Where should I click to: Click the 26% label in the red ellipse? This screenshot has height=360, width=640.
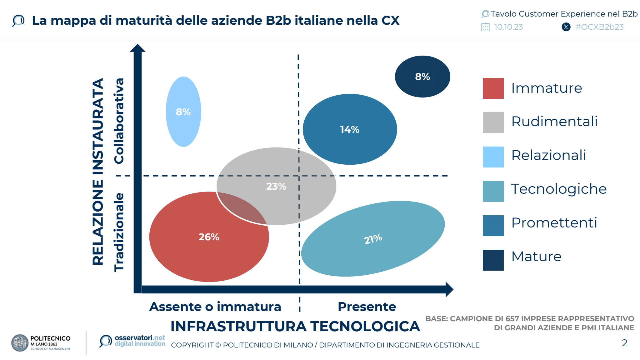click(x=209, y=237)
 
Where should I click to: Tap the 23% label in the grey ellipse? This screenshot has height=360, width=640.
click(x=276, y=186)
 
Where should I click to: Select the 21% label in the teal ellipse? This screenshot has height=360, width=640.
click(x=373, y=239)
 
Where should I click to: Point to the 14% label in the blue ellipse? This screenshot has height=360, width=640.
click(x=350, y=129)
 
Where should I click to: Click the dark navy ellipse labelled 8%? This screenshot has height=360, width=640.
click(x=422, y=77)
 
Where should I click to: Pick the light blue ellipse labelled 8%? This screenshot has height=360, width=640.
click(x=183, y=112)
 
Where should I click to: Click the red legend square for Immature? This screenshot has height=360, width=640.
click(x=493, y=88)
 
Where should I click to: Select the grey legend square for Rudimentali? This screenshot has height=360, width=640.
click(x=493, y=122)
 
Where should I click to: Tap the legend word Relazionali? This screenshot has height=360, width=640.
click(x=548, y=155)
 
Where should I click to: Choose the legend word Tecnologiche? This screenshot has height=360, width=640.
click(x=559, y=189)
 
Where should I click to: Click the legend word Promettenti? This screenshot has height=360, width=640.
click(x=554, y=223)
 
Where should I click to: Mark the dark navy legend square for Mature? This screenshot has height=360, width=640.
click(x=493, y=260)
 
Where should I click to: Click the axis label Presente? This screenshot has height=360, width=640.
click(x=367, y=307)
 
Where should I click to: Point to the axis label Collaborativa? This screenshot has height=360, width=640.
click(x=119, y=121)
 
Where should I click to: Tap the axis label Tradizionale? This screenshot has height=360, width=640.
click(x=119, y=232)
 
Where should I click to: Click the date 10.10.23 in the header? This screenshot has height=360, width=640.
click(x=508, y=27)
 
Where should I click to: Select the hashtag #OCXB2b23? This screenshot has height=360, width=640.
click(x=599, y=27)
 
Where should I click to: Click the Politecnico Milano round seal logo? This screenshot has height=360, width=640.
click(x=20, y=343)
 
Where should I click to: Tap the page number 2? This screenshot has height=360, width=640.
click(x=624, y=343)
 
